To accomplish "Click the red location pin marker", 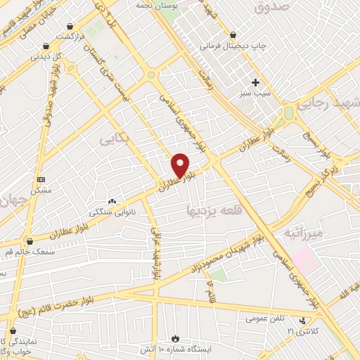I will coord(181,165).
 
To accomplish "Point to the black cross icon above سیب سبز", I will coord(255,82).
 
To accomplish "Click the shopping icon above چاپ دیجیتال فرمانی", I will coord(233,34).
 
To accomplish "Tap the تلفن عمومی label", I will coord(265,318).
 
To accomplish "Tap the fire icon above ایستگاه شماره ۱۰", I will coord(175,337).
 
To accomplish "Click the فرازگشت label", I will coord(71,36).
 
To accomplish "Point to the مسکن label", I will coord(41,191).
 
